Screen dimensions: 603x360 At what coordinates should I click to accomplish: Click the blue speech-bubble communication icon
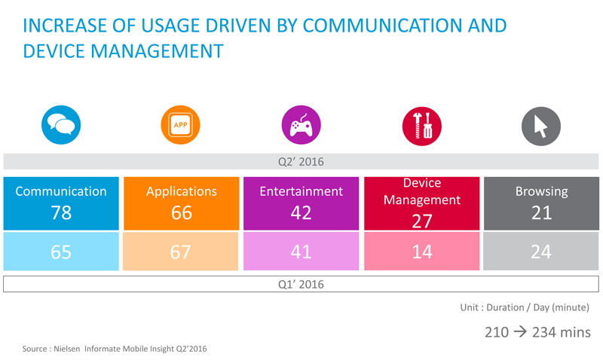[x=61, y=125]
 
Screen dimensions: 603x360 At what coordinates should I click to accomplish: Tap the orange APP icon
[x=180, y=125]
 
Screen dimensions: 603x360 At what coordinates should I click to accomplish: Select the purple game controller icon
[x=301, y=125]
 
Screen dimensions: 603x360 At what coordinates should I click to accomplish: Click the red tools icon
[x=422, y=126]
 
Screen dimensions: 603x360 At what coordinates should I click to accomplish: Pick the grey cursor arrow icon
[x=540, y=126]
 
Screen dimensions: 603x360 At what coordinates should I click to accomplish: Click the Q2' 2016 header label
[x=301, y=162]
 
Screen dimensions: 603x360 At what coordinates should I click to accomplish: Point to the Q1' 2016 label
[x=301, y=285]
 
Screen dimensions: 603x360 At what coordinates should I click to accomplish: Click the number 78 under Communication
[x=61, y=212]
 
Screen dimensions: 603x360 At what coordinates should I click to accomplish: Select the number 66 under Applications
[x=182, y=212]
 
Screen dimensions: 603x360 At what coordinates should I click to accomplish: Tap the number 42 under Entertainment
[x=301, y=212]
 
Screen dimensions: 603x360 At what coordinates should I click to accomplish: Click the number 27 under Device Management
[x=422, y=221]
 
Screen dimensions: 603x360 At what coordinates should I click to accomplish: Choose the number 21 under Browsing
[x=541, y=212]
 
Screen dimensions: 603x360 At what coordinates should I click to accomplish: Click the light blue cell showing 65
[x=61, y=252]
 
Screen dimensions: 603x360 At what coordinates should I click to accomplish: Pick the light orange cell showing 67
[x=181, y=252]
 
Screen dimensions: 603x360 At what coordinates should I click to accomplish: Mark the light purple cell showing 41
[x=301, y=252]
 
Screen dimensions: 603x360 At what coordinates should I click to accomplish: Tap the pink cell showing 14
[x=422, y=252]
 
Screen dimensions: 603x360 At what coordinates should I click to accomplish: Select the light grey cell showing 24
[x=541, y=252]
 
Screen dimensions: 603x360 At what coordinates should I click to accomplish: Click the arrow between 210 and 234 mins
[x=520, y=331]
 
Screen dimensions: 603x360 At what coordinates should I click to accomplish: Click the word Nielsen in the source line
[x=67, y=349]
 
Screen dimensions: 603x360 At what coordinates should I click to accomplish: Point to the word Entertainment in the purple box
[x=301, y=191]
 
